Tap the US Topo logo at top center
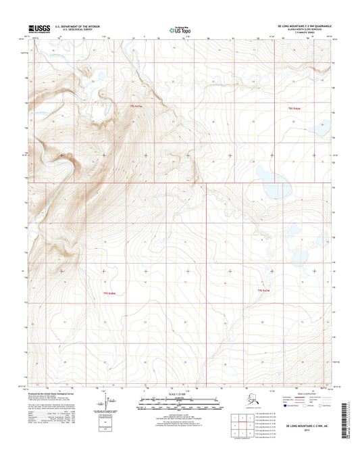coord(180,30)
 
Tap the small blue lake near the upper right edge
coord(322,126)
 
